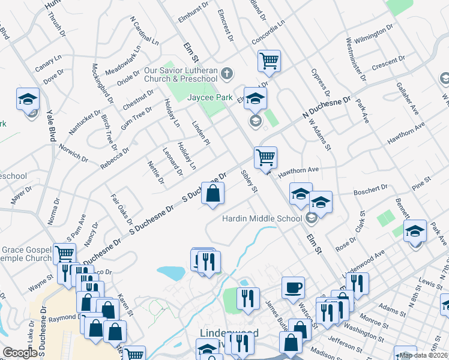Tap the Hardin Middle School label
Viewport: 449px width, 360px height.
261,218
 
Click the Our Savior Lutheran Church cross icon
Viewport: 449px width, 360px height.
226,74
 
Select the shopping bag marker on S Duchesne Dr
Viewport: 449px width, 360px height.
212,193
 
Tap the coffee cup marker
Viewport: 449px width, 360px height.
293,287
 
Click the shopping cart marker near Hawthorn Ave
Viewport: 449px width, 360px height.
265,158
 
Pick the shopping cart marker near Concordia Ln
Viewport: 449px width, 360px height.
270,60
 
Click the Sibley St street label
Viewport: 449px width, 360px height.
249,181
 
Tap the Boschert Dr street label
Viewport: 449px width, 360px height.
370,191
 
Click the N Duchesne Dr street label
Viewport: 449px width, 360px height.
325,106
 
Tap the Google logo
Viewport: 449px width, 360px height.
20,353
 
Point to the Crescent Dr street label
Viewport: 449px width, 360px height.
388,62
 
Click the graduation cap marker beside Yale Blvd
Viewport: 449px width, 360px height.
28,99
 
